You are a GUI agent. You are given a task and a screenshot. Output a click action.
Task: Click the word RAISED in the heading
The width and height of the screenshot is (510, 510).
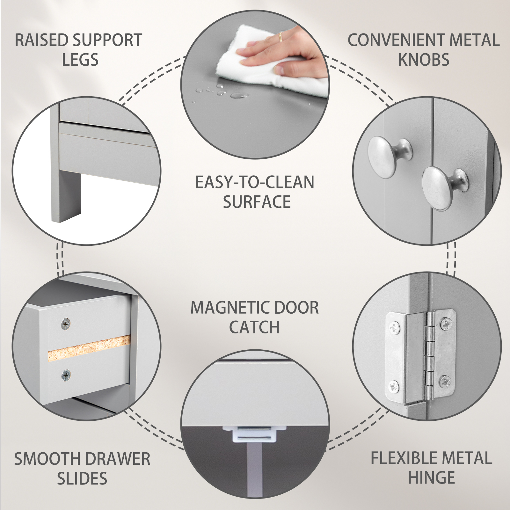click(x=42, y=40)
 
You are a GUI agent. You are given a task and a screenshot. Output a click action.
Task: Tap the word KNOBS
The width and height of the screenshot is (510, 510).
click(x=424, y=60)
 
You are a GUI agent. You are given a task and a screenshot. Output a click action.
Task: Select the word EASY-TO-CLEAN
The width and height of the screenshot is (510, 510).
click(x=255, y=182)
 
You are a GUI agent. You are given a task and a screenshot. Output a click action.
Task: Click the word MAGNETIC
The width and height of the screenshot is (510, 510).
click(x=228, y=308)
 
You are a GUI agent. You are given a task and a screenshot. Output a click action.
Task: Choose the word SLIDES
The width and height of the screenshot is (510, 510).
click(x=82, y=478)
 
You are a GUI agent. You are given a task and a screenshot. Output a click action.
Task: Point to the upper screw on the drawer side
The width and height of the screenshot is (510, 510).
click(x=66, y=324)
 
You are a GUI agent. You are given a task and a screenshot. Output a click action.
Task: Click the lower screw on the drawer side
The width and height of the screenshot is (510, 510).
click(x=66, y=375)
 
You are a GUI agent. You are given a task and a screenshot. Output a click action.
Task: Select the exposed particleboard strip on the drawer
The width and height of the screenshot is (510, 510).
click(x=89, y=348)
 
